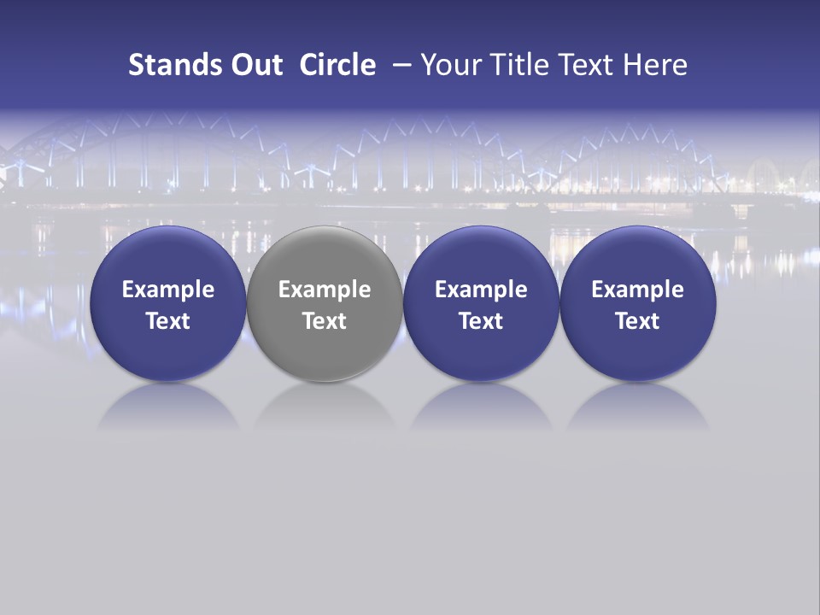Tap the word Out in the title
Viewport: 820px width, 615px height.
pyautogui.click(x=255, y=65)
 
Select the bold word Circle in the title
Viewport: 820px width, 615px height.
pyautogui.click(x=337, y=65)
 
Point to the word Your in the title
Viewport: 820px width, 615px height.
pyautogui.click(x=449, y=65)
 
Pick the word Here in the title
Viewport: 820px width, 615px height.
pyautogui.click(x=654, y=65)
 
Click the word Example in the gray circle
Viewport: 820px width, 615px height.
pyautogui.click(x=325, y=290)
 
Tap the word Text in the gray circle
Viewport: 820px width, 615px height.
pyautogui.click(x=325, y=321)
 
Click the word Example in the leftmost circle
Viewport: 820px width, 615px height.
pyautogui.click(x=168, y=290)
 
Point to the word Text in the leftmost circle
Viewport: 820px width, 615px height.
pyautogui.click(x=168, y=321)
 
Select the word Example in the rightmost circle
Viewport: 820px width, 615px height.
pyautogui.click(x=638, y=290)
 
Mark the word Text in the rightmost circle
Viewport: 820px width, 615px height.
pyautogui.click(x=638, y=321)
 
